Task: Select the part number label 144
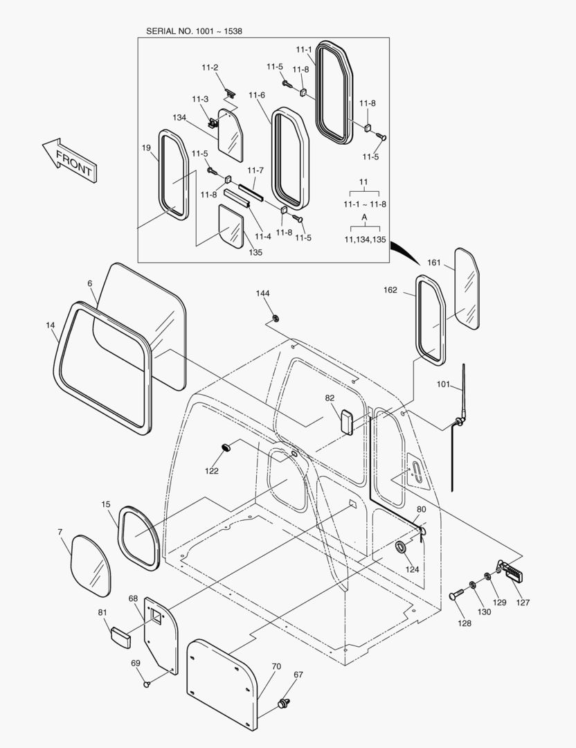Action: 262,294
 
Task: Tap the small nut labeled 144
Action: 275,319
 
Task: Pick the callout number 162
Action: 390,290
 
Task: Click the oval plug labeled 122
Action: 225,449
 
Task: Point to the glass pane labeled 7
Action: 91,565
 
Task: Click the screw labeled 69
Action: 147,685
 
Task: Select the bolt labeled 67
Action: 283,703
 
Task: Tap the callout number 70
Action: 276,666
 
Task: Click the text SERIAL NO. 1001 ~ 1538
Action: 194,31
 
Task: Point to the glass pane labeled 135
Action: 231,225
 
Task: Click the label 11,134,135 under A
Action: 365,239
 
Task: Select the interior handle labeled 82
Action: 347,421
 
